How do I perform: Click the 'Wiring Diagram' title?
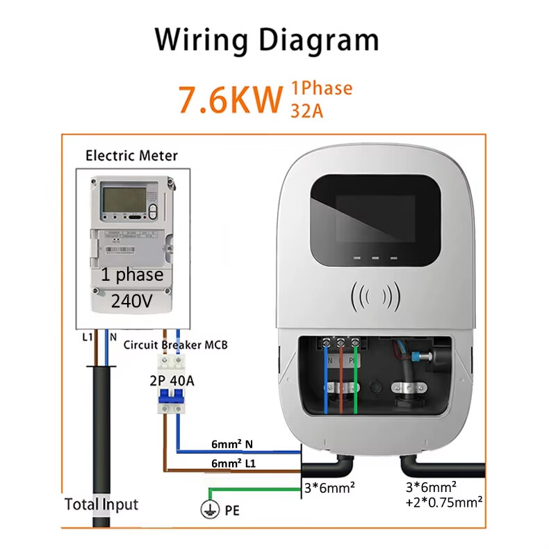(x=267, y=40)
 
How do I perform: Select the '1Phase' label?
(x=321, y=88)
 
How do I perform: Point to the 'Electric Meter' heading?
(x=131, y=156)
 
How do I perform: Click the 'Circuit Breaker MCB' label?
(x=175, y=345)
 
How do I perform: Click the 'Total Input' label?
(x=101, y=504)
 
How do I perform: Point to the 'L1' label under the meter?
(x=86, y=336)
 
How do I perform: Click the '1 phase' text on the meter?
(x=131, y=274)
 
